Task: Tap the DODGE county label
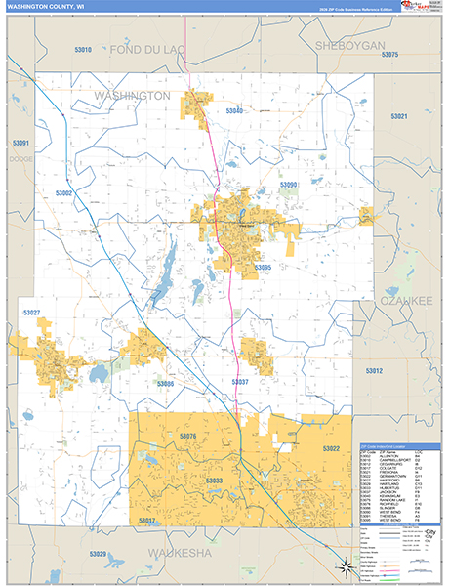pyautogui.click(x=20, y=157)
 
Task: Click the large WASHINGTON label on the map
pyautogui.click(x=132, y=96)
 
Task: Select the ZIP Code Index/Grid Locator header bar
pyautogui.click(x=395, y=445)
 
